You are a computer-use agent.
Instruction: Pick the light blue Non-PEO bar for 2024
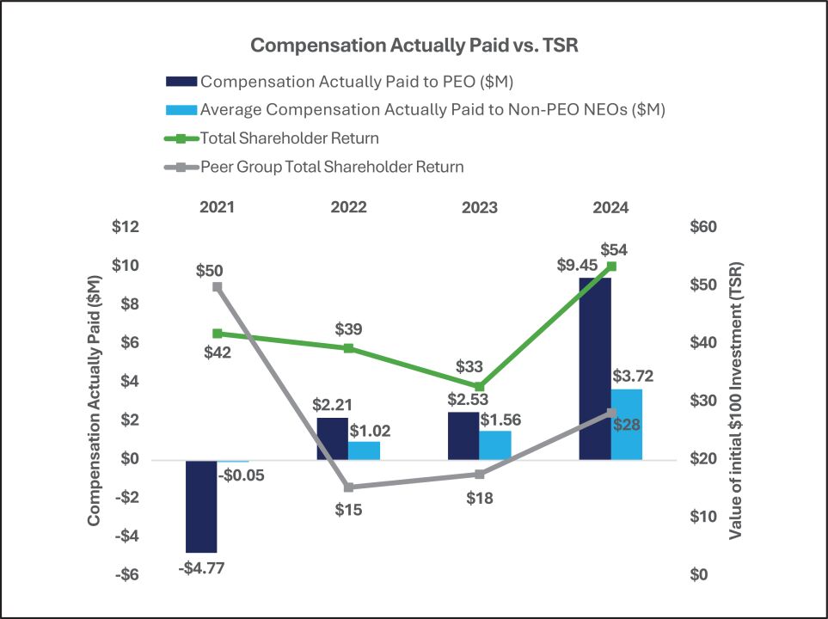[627, 424]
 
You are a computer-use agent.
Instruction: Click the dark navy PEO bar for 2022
[333, 438]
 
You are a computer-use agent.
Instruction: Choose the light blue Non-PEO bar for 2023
[495, 444]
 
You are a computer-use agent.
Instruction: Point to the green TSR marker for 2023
[480, 386]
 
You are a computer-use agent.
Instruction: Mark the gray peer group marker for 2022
[348, 487]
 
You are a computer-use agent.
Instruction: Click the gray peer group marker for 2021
[218, 287]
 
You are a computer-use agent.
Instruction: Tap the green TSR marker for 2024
[611, 267]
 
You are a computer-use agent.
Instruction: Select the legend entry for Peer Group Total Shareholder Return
[331, 167]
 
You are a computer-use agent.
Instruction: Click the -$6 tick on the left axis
[126, 574]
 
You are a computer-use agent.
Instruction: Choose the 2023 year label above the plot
[480, 207]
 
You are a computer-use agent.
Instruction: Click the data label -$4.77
[200, 567]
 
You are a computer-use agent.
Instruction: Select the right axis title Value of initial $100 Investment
[736, 401]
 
